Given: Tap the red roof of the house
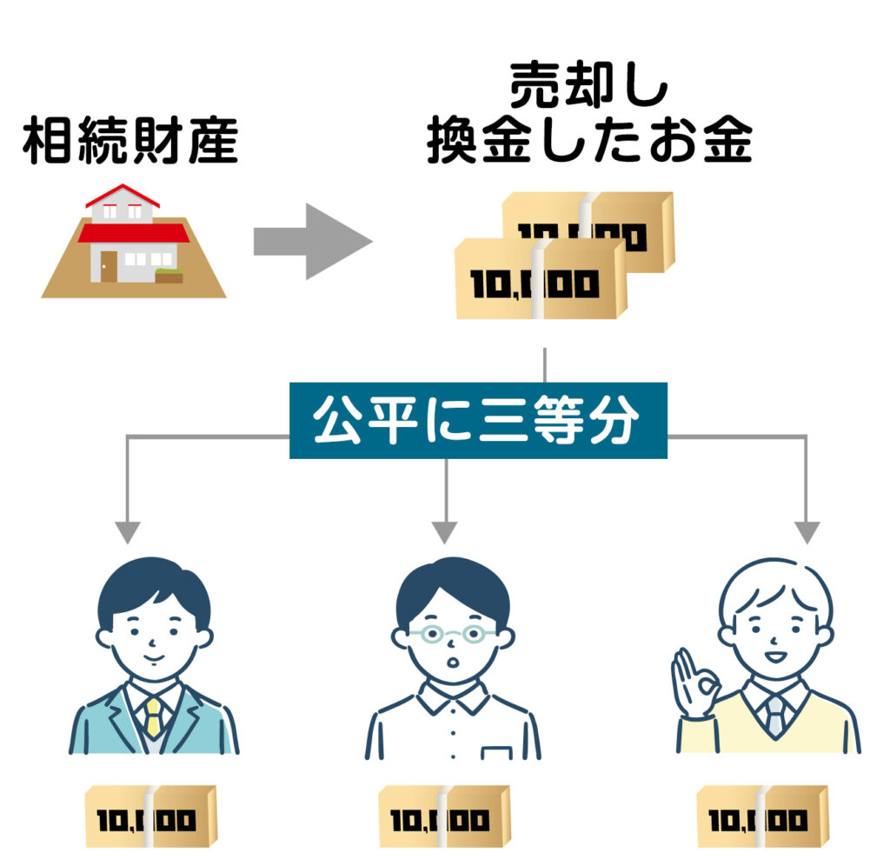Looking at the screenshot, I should (133, 232).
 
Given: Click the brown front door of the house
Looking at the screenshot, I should (109, 266).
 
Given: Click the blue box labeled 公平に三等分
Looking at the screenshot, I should (478, 421).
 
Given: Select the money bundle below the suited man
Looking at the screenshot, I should (149, 816).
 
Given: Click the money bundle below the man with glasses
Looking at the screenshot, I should (444, 816).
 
